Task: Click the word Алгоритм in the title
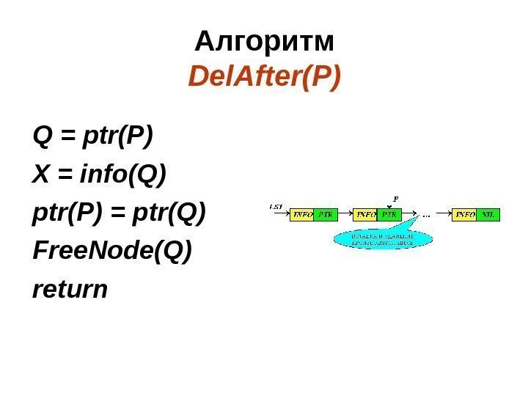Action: coord(264,43)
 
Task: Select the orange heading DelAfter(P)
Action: coord(264,76)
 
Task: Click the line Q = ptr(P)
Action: coord(92,136)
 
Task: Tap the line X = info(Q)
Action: coord(100,175)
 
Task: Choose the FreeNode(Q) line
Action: coord(112,252)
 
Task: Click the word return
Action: coord(70,290)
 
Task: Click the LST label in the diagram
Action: coord(276,207)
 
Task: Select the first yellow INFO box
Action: coord(304,215)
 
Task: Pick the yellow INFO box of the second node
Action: coord(366,215)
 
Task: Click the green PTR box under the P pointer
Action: coord(389,215)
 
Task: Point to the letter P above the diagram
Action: coord(396,198)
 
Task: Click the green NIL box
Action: coord(488,215)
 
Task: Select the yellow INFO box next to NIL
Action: coord(465,215)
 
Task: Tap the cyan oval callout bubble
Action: coord(381,238)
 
